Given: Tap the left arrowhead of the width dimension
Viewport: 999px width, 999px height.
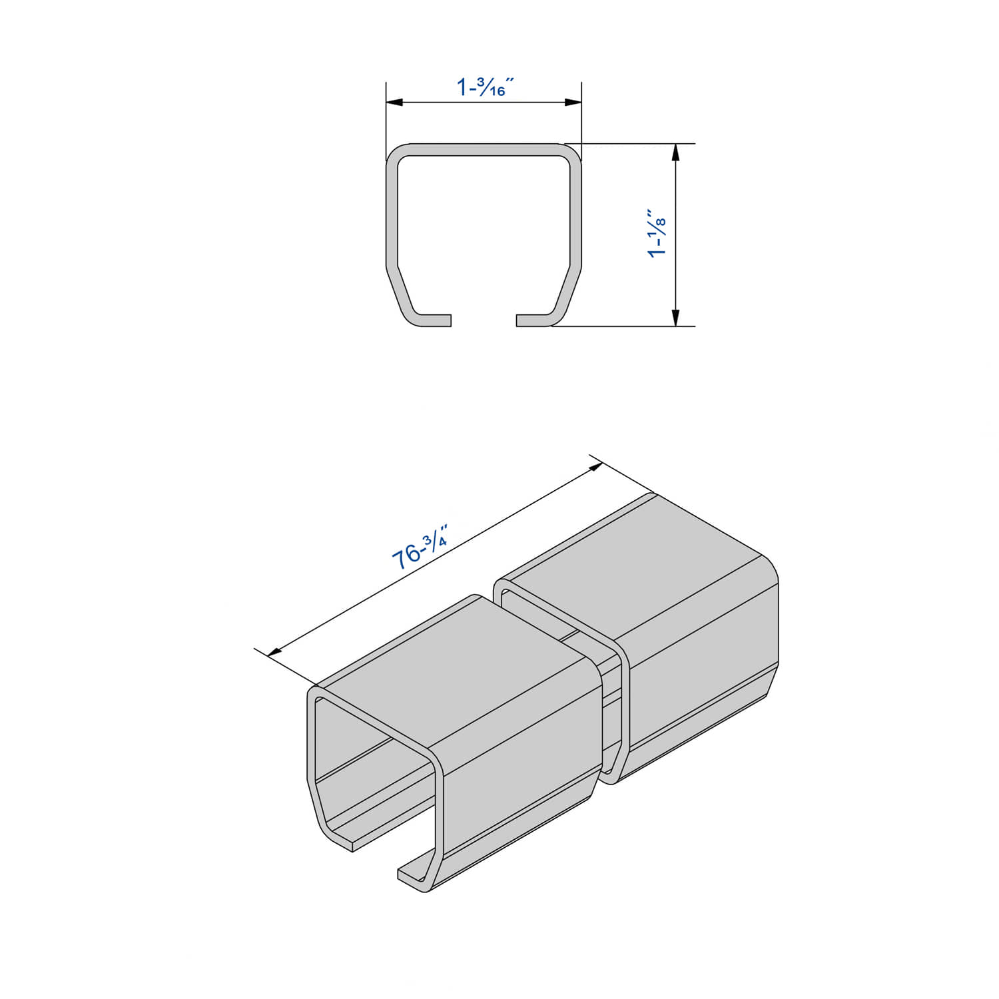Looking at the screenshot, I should point(395,103).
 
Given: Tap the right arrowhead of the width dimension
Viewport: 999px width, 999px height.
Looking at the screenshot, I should point(573,103).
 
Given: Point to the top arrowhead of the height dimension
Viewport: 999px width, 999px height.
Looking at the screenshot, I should point(675,153).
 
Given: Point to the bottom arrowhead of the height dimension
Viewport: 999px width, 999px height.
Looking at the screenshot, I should point(675,318).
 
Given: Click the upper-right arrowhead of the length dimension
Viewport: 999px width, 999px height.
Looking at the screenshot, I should point(593,468).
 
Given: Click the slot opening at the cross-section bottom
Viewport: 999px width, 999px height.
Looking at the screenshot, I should point(484,320).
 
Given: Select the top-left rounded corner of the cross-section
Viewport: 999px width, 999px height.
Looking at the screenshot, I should point(396,154).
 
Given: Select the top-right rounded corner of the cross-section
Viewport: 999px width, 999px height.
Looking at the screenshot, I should point(571,154).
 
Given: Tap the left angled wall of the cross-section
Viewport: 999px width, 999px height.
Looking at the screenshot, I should point(402,293).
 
